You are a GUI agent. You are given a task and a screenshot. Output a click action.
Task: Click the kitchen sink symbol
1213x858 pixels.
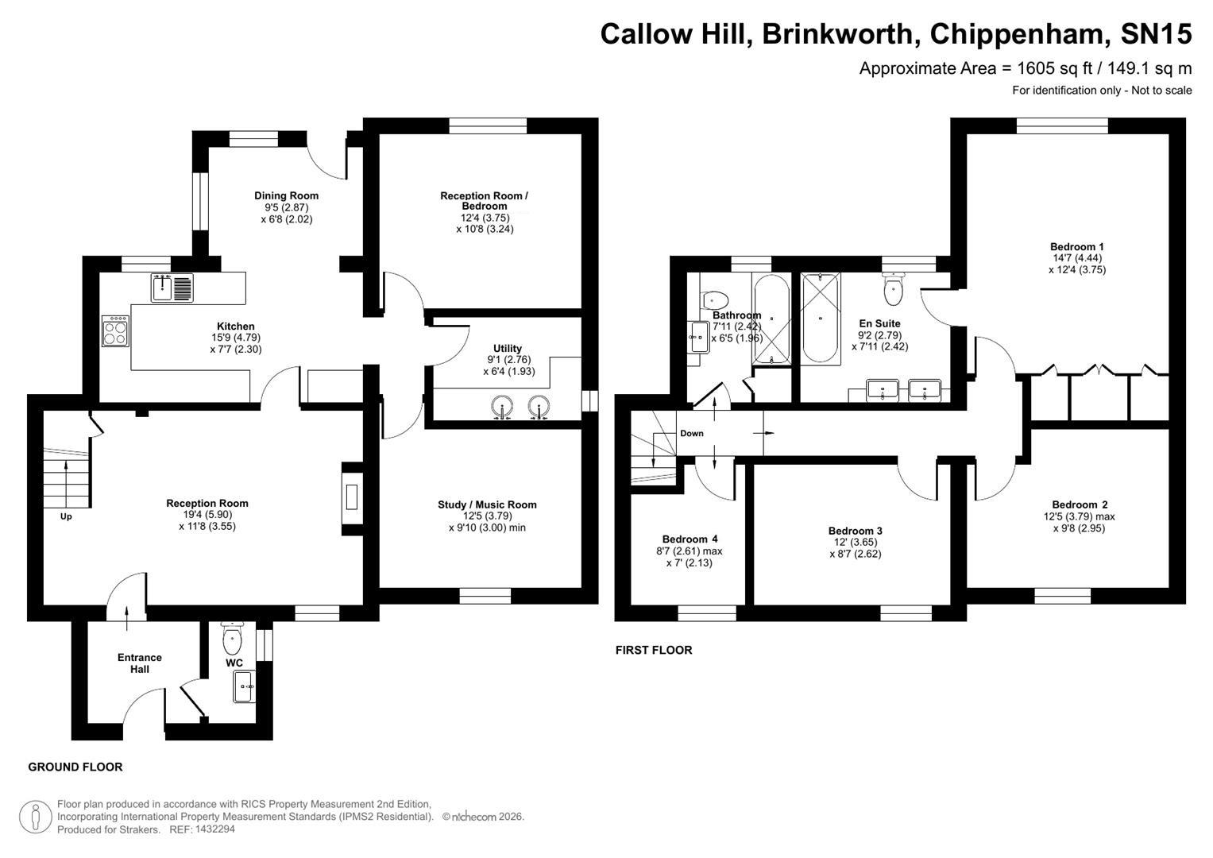coord(172,288)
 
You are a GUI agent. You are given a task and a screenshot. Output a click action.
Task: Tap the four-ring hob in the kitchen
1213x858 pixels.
coord(115,330)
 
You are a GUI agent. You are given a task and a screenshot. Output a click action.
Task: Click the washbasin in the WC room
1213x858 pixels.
coord(244,686)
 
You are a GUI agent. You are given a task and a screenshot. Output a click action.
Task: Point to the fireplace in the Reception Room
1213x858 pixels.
coord(351,497)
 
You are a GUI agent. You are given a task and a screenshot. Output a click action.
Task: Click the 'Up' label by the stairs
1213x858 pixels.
coord(66,516)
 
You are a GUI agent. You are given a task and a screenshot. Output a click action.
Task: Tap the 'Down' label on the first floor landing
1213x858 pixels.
coord(691,434)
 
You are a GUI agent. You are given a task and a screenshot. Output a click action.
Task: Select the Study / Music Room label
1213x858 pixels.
coord(487,504)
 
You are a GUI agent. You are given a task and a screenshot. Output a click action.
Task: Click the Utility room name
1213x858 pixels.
coord(508,348)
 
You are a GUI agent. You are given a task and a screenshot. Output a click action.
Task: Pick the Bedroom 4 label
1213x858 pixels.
coord(690,539)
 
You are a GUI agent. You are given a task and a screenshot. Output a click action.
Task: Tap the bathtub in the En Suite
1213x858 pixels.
coord(821,318)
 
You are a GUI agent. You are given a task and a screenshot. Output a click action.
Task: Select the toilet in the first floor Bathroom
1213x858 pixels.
coord(715,300)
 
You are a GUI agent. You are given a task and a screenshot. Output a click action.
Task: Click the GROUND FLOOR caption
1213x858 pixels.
coord(75,767)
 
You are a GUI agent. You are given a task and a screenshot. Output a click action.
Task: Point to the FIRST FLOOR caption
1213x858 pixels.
coord(654,650)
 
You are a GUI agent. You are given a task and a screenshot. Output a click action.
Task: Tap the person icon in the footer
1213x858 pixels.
coord(36,817)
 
